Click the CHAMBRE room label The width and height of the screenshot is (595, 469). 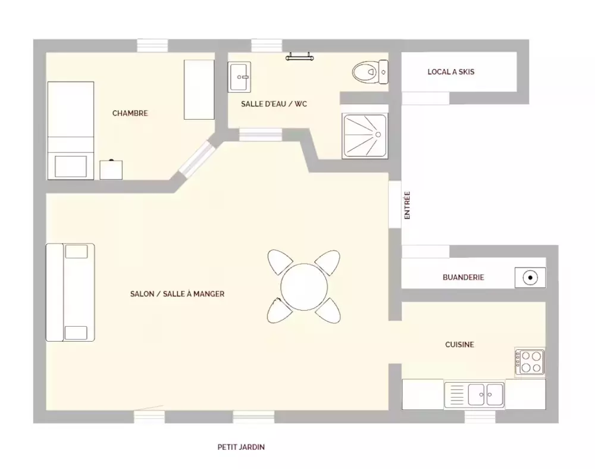click(130, 113)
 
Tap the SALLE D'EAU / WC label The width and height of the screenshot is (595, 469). click(274, 104)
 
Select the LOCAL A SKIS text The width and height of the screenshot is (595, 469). click(451, 71)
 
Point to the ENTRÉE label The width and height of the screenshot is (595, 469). click(407, 205)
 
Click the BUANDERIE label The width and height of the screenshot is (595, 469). click(464, 277)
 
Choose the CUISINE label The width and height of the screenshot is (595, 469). click(459, 345)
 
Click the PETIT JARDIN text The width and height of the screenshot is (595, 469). click(241, 447)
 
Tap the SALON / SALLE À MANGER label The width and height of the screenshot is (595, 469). click(177, 293)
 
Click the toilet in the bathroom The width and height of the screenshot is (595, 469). click(370, 71)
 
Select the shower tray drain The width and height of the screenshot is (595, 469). click(378, 135)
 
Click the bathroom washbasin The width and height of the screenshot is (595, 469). click(239, 77)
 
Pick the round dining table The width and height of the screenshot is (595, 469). click(304, 287)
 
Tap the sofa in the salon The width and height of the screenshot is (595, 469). click(70, 293)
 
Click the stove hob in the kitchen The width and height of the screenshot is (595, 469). click(530, 362)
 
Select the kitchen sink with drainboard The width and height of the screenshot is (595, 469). click(474, 395)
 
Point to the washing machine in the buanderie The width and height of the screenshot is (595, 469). click(530, 277)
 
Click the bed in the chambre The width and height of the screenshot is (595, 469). click(71, 130)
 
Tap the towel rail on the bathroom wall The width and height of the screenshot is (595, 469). click(300, 57)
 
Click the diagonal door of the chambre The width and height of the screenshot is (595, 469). click(197, 158)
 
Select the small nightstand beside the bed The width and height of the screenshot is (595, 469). click(111, 170)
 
